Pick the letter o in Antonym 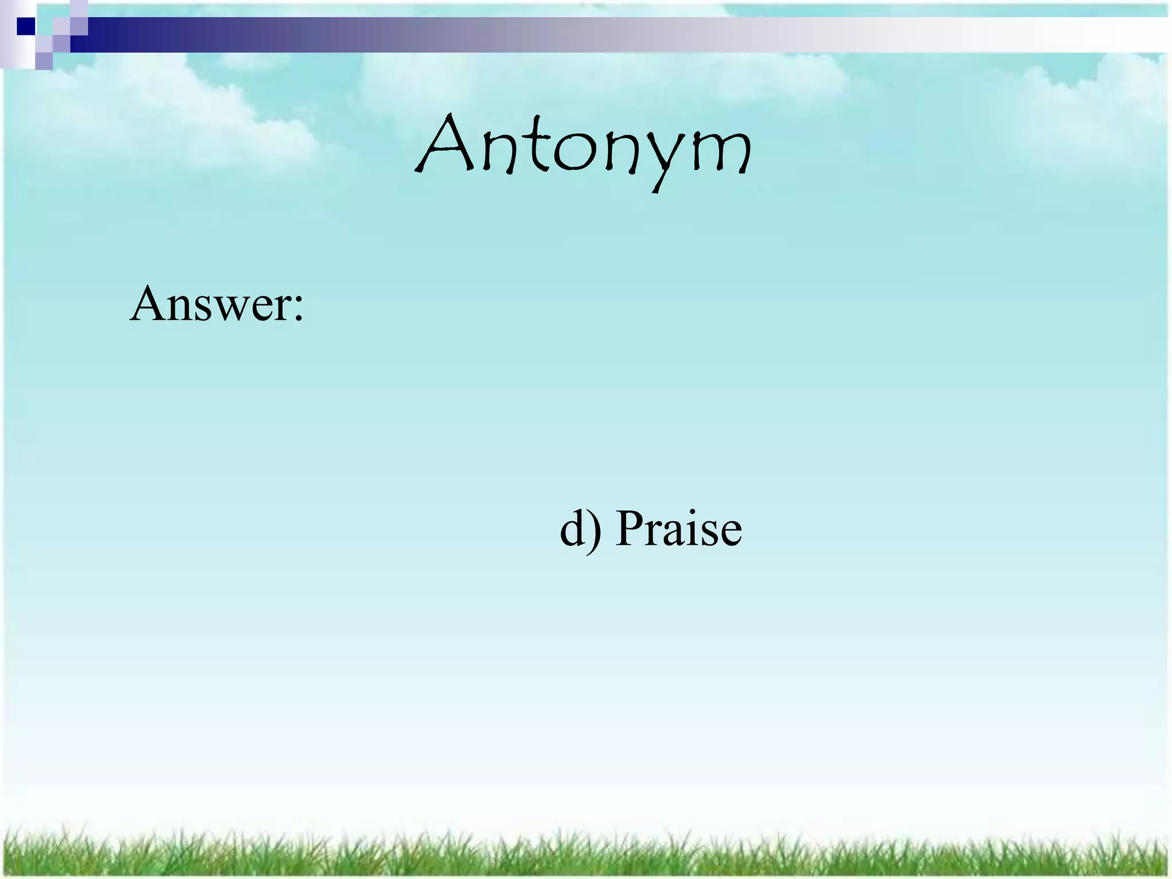pos(572,153)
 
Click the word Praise pos(679,528)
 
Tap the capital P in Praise pos(630,528)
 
